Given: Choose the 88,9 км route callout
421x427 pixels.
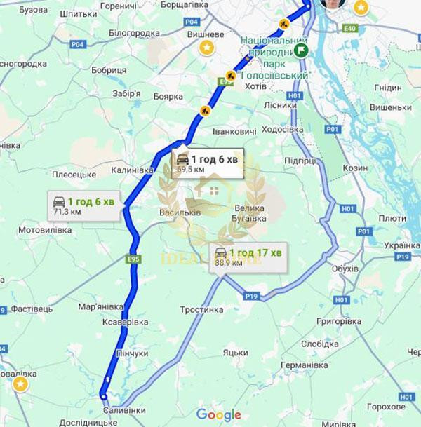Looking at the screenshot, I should [247, 257].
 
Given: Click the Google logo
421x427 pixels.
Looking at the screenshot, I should [218, 414].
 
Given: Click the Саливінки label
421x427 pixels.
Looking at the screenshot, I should [124, 409].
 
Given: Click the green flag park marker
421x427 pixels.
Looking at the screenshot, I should [301, 50].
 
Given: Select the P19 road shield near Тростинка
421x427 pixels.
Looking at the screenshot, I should [251, 297].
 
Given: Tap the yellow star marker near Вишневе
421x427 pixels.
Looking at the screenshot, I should [207, 48].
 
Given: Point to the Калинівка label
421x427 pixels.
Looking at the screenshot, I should [135, 168].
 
